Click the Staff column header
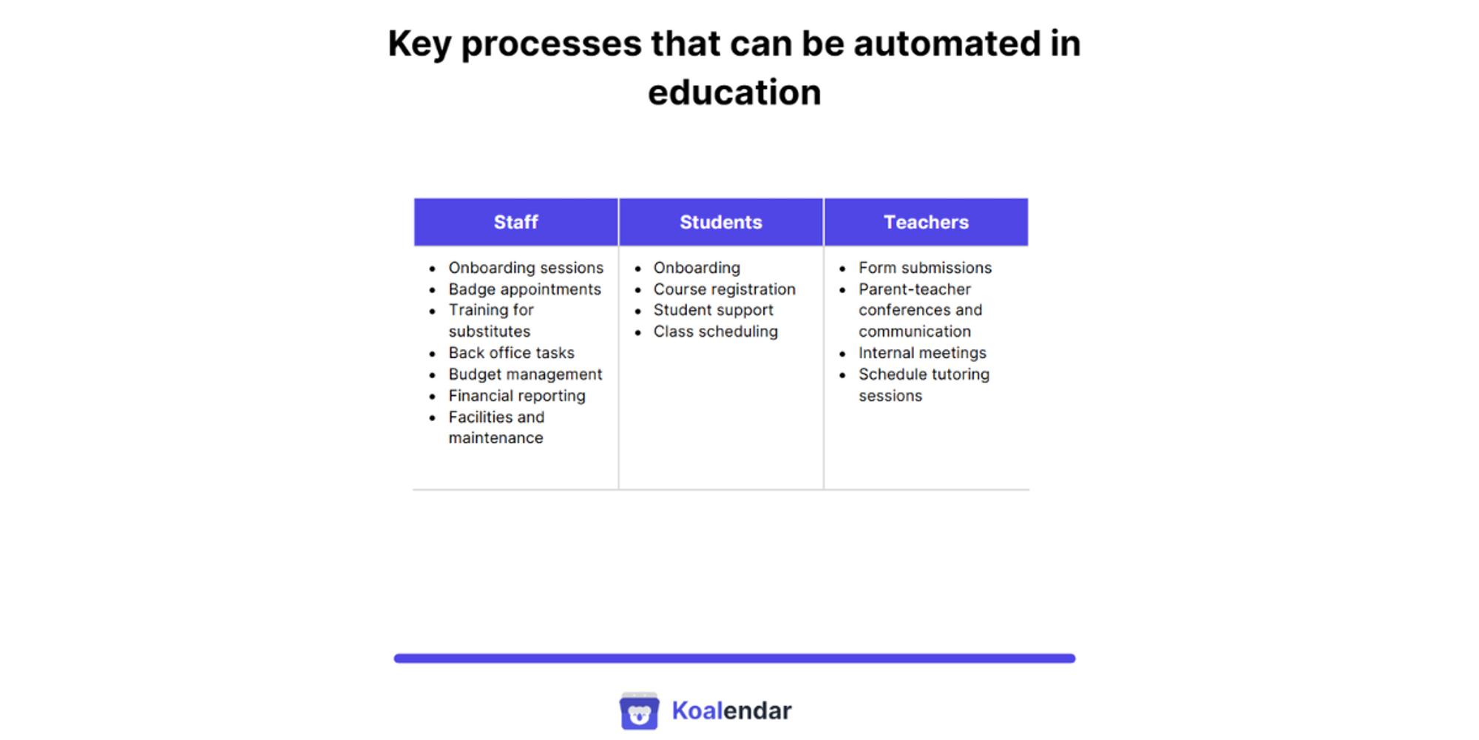coord(515,222)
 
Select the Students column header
coord(720,222)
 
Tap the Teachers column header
coord(926,222)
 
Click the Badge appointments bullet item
coord(524,289)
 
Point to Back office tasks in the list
coord(511,353)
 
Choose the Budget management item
coord(525,374)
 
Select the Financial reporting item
coord(516,396)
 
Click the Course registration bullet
coord(724,289)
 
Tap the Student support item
coord(713,310)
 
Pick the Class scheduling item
coord(715,332)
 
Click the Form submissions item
coord(924,268)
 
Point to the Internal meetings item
coord(922,353)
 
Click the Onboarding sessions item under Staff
coord(525,268)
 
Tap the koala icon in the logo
coord(639,711)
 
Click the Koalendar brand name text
coord(731,711)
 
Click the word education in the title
coord(734,93)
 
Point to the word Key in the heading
coord(419,44)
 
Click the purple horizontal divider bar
coord(734,658)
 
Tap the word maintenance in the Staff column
coord(495,438)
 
